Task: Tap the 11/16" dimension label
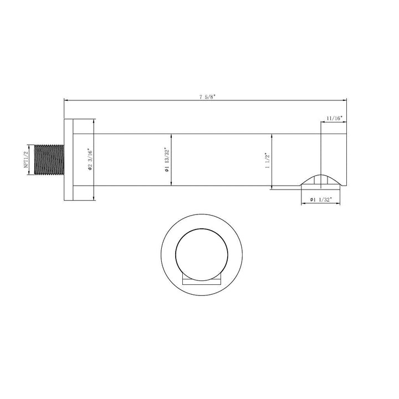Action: point(334,118)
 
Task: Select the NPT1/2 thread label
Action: point(25,161)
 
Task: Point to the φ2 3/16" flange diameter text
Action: point(89,160)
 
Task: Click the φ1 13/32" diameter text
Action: point(166,161)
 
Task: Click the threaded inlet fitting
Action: point(49,161)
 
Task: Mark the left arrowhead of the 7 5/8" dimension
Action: point(67,100)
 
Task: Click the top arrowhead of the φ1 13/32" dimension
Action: point(170,136)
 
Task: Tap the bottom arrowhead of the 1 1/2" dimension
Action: point(272,186)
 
